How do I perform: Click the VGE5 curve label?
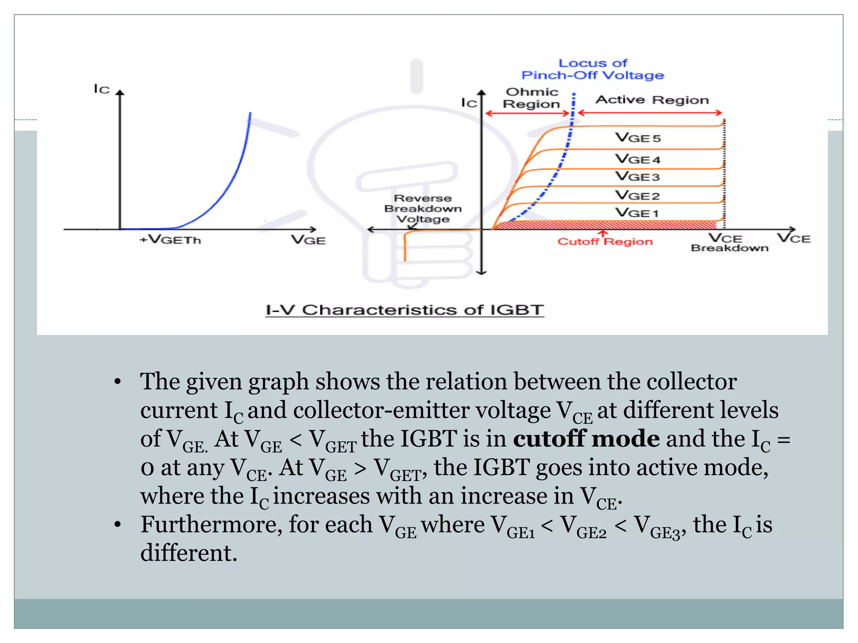[637, 138]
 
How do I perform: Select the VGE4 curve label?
[637, 159]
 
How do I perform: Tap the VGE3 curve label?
[637, 177]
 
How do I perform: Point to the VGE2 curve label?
[637, 195]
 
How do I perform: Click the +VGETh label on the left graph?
[170, 240]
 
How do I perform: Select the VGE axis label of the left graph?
[308, 240]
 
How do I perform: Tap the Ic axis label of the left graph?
[102, 89]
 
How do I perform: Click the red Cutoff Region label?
[605, 242]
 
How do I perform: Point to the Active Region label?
[652, 100]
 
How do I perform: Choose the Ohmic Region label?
[532, 98]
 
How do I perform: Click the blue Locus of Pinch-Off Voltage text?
[593, 69]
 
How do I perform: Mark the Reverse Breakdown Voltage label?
[423, 208]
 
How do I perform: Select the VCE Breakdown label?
[729, 243]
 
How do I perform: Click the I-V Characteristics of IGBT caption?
[405, 310]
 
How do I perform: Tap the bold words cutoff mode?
[586, 439]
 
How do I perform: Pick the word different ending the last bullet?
[189, 553]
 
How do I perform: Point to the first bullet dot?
[118, 382]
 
